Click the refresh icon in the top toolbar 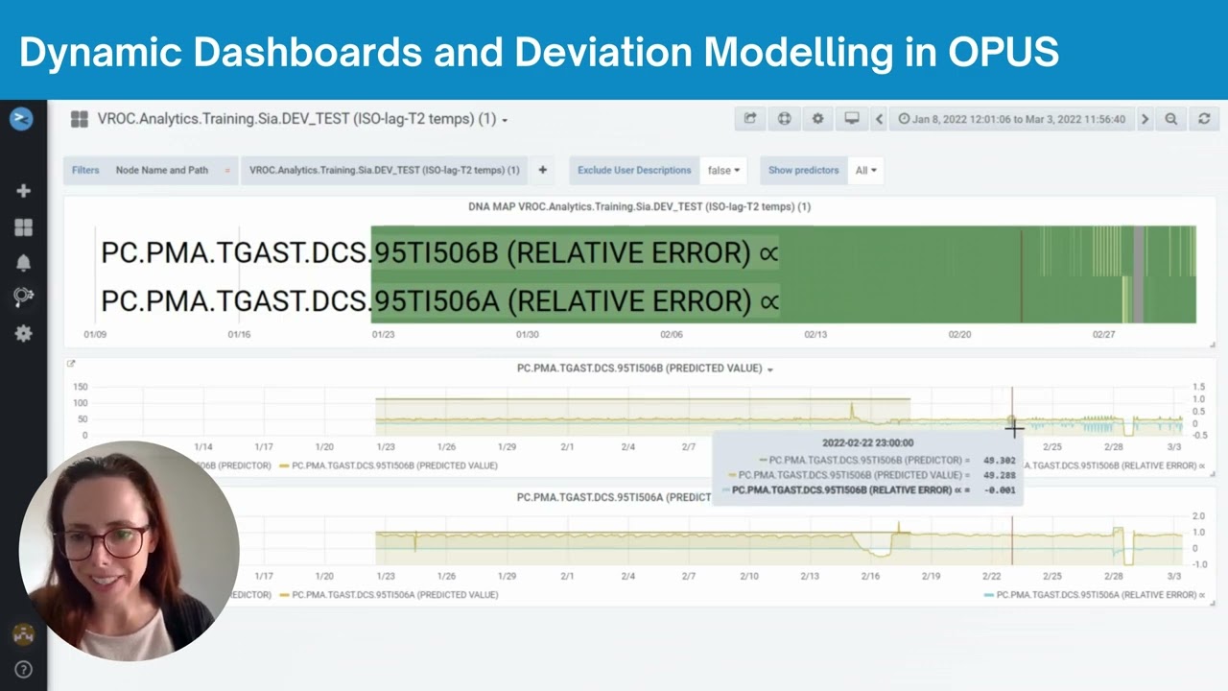1204,119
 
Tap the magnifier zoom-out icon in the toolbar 1170,119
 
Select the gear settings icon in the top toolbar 817,119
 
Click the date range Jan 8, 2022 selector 1011,119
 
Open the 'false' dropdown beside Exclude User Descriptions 723,170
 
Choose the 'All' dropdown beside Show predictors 865,170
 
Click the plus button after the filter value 542,170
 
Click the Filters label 85,170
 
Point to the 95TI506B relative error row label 439,252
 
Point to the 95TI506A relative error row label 439,300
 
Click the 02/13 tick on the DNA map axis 815,335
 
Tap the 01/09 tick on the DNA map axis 95,335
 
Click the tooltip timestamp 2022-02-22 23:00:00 867,442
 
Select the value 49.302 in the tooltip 999,461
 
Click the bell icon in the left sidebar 23,263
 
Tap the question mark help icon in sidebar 23,670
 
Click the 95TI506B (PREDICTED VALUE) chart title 639,369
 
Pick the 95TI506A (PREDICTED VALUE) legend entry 394,595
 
